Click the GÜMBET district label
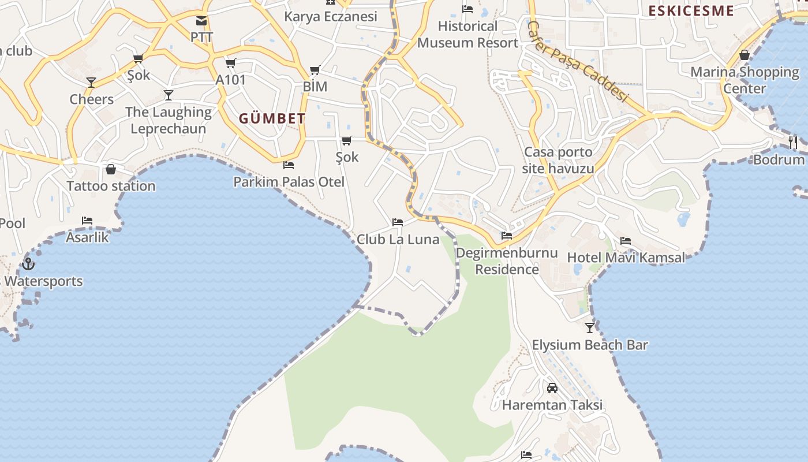pos(272,119)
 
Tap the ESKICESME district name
pos(691,11)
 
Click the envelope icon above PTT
pos(201,21)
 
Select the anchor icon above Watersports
pos(28,264)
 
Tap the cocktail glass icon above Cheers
pos(91,83)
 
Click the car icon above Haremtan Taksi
pos(552,388)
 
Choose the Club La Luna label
pos(398,239)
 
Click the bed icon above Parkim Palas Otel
pos(289,165)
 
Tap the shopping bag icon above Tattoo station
pos(111,169)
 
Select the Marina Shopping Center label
pos(745,80)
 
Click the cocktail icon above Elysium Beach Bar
pos(589,328)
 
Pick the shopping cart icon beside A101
pos(230,63)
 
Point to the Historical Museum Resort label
pos(467,35)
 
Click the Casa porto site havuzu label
pos(558,160)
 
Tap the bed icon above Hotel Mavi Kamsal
pos(626,241)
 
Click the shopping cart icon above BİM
pos(315,70)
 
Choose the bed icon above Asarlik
pos(87,221)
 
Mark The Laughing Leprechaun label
pos(169,120)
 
